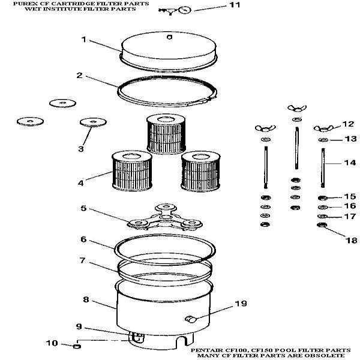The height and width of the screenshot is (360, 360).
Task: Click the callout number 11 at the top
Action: point(235,5)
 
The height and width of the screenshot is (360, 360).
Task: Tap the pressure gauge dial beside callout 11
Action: point(185,10)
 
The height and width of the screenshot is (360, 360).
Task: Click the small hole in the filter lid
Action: point(169,37)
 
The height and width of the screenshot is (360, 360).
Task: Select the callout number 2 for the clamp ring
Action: point(79,76)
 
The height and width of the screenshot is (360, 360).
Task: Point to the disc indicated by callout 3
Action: point(93,122)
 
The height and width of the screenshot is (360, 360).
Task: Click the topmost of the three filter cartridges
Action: point(166,134)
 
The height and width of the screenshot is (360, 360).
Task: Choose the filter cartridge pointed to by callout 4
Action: point(132,171)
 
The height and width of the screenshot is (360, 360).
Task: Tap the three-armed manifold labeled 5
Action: point(165,218)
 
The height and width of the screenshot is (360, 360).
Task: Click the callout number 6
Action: point(83,239)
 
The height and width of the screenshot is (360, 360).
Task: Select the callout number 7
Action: point(82,260)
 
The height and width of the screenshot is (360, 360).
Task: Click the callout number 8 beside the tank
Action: point(86,299)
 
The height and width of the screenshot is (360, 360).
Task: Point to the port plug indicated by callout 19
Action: point(191,319)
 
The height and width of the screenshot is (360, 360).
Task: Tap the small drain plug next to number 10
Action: point(77,346)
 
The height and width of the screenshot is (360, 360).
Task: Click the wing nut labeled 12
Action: point(324,128)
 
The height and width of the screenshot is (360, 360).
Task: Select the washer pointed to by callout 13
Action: point(323,140)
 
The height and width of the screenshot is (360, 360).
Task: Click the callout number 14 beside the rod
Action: point(350,163)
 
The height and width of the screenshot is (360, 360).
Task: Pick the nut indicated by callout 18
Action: point(322,225)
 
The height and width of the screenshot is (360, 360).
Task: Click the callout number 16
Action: point(350,206)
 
